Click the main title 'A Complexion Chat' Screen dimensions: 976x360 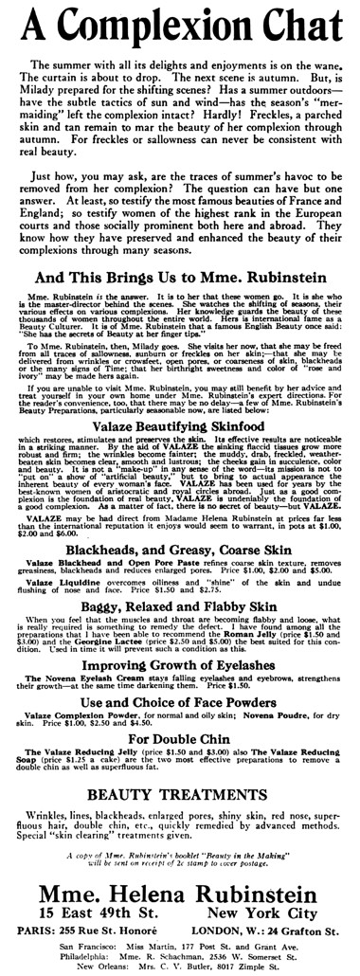coord(179,23)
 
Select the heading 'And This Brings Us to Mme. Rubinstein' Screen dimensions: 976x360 coord(180,280)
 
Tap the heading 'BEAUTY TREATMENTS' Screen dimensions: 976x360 coord(179,820)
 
